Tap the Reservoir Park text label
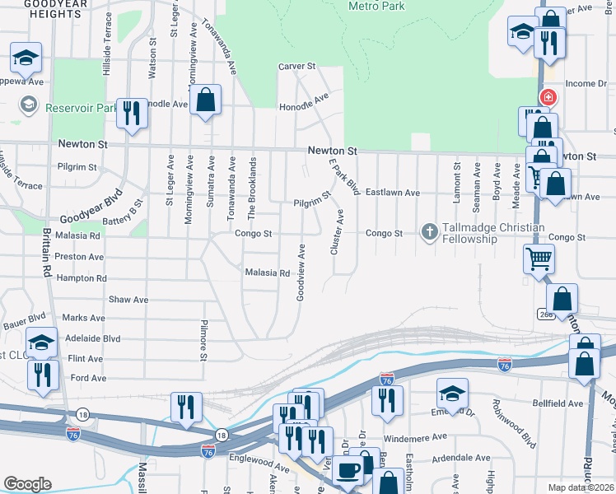pyautogui.click(x=82, y=107)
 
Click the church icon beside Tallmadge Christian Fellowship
pyautogui.click(x=429, y=233)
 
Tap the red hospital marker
pyautogui.click(x=548, y=98)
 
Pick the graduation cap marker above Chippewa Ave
pyautogui.click(x=26, y=58)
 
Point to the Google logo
pyautogui.click(x=27, y=483)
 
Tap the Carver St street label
pyautogui.click(x=296, y=66)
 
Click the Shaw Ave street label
pyautogui.click(x=128, y=300)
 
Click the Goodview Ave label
pyautogui.click(x=301, y=272)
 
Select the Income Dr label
pyautogui.click(x=586, y=84)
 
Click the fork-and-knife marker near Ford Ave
pyautogui.click(x=43, y=375)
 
